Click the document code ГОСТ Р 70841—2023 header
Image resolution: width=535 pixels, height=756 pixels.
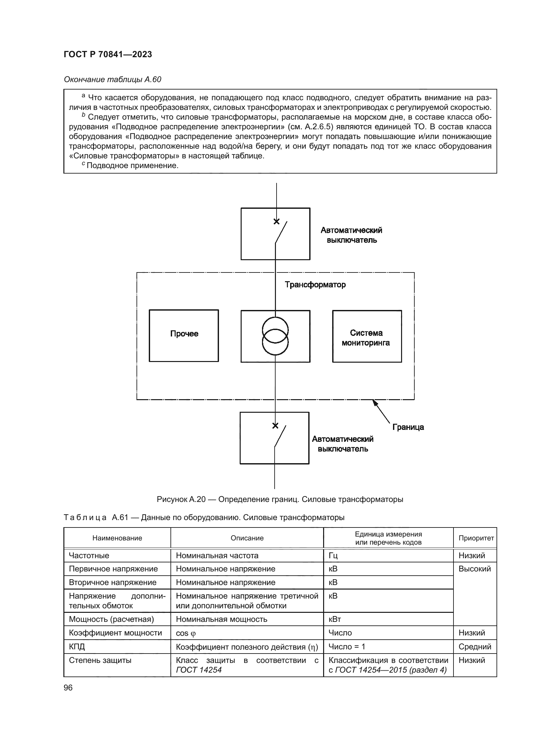tap(108, 54)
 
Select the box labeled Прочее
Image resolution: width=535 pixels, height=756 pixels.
tap(184, 335)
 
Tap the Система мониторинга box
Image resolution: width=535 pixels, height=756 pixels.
tap(367, 336)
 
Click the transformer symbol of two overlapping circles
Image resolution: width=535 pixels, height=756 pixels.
tap(275, 336)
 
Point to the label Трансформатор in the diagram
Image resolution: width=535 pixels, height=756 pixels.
tap(315, 285)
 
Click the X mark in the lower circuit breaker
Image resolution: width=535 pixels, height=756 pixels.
tap(275, 426)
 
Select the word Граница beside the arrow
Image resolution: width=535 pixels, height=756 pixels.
tap(408, 427)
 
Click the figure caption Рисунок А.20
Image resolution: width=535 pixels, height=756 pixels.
tap(280, 499)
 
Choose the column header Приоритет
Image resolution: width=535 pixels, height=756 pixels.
tap(476, 538)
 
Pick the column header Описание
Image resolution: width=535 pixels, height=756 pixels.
tap(247, 538)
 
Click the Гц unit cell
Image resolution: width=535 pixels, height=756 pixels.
tap(333, 556)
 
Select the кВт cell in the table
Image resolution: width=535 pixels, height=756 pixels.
tap(335, 619)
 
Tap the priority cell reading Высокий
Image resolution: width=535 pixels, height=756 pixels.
tap(475, 569)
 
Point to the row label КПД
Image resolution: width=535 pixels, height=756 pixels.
tap(77, 647)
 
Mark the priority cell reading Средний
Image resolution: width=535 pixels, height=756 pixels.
tap(475, 647)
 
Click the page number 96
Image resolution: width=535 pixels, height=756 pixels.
tap(68, 687)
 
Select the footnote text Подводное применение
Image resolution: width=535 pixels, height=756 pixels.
tap(132, 165)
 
